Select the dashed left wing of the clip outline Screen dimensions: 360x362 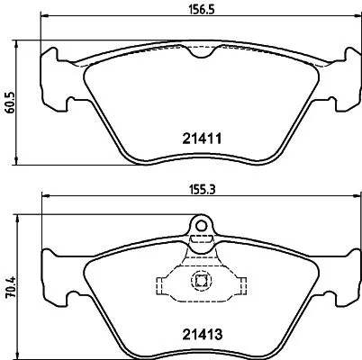point(165,286)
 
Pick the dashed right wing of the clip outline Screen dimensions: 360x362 point(240,286)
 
